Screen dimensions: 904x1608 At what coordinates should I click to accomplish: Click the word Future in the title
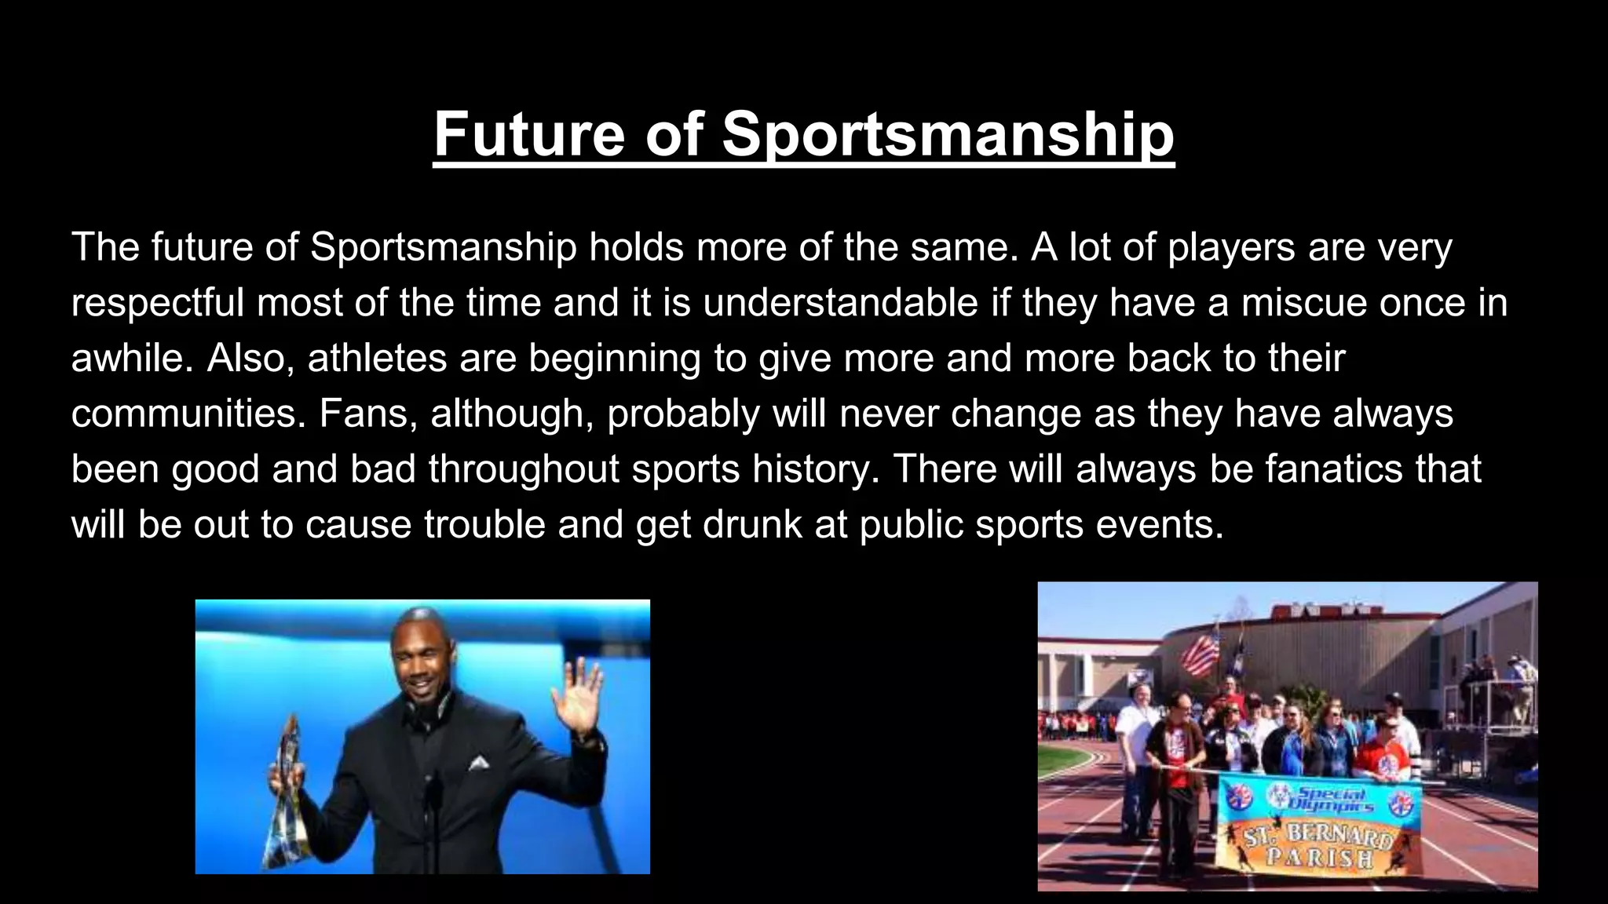click(x=529, y=134)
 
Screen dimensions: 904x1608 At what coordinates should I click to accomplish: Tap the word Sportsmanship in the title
click(x=948, y=134)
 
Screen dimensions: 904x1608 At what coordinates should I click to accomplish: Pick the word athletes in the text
click(x=377, y=359)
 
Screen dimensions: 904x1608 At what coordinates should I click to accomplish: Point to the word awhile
click(x=132, y=359)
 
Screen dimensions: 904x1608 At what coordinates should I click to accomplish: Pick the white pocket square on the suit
click(x=477, y=762)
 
